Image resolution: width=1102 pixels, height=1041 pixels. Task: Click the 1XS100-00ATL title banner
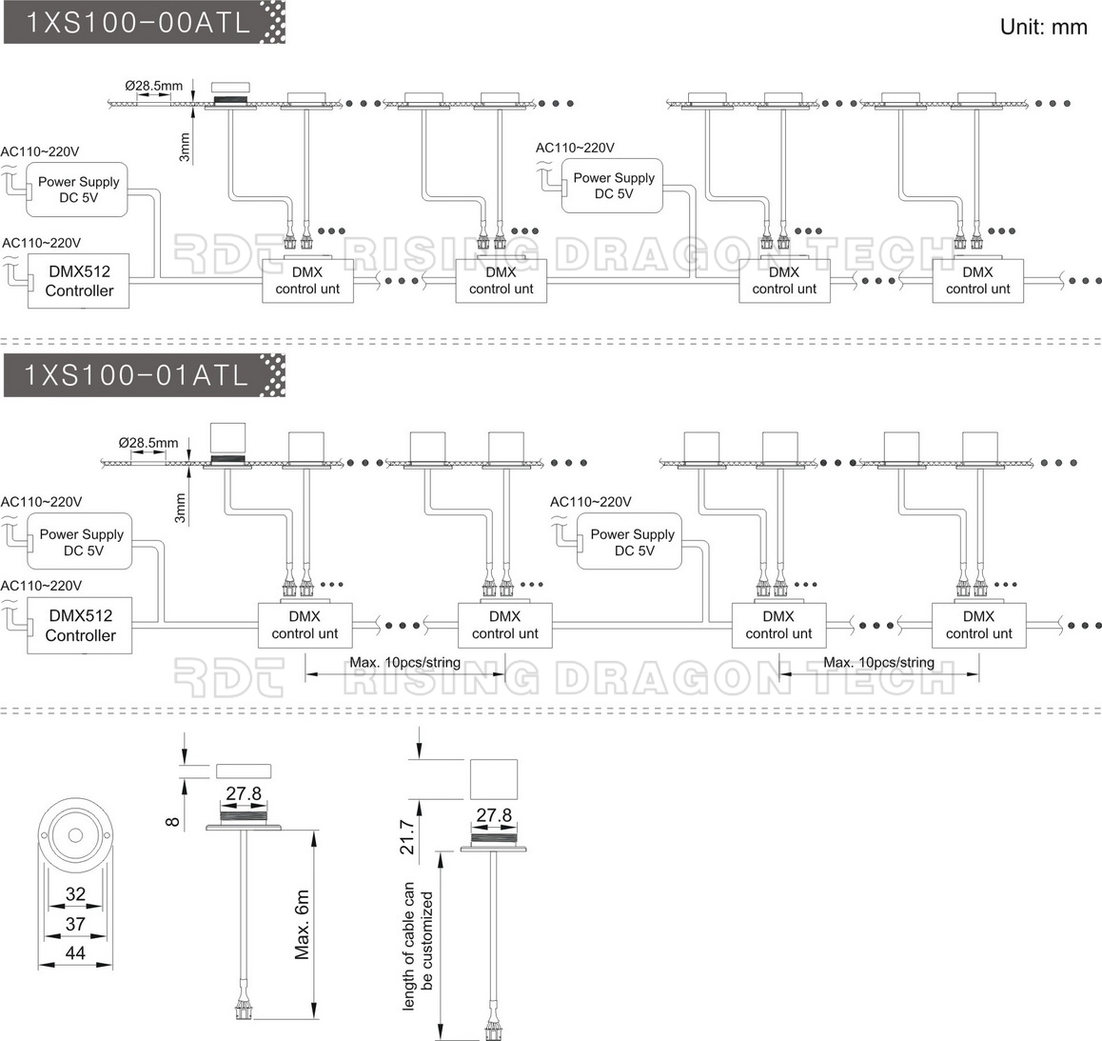pos(144,23)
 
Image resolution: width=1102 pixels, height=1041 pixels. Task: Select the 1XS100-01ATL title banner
pos(144,375)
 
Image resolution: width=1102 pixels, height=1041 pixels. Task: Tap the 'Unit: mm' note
pos(1044,27)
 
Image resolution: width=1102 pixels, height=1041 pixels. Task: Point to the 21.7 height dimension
pos(407,836)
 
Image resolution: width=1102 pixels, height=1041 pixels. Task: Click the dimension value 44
pos(75,953)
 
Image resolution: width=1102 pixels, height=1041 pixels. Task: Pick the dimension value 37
pos(75,924)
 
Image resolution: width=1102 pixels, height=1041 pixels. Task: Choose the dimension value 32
pos(75,894)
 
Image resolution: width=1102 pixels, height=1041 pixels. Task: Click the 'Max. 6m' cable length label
pos(303,925)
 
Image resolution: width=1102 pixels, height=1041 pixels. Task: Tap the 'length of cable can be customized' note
pos(418,947)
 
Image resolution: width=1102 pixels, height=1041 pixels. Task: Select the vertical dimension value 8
pos(173,821)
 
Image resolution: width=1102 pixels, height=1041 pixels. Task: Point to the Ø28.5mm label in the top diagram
pos(154,86)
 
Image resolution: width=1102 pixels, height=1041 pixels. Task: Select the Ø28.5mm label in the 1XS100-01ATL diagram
pos(148,443)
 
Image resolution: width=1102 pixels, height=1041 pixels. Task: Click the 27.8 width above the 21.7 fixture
pos(494,815)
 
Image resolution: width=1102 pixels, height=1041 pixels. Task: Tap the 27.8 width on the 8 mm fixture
pos(244,793)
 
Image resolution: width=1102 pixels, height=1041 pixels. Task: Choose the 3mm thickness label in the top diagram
pos(184,148)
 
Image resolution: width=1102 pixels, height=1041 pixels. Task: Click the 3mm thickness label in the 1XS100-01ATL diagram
pos(180,508)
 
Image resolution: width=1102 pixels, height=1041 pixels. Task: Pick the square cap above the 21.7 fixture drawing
pos(493,779)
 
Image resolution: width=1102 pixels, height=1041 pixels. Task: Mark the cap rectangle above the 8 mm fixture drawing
pos(244,771)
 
